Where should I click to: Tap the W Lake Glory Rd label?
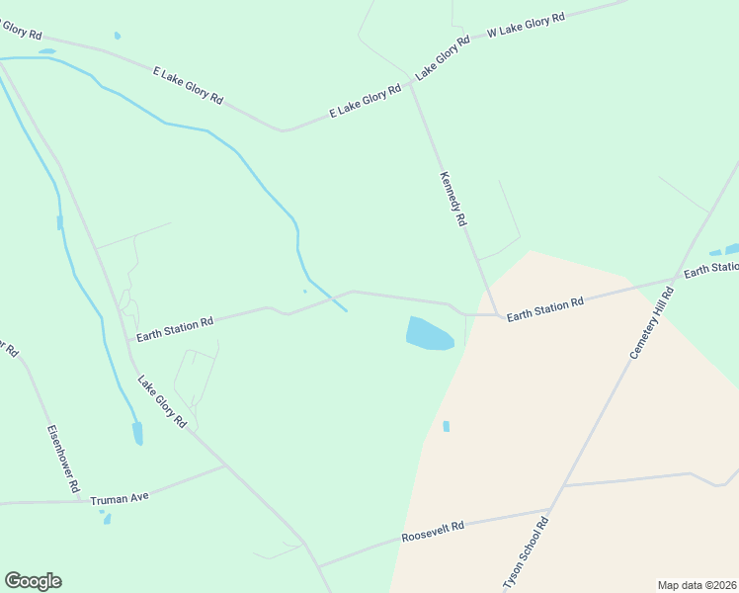tap(526, 26)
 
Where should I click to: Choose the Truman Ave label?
tap(119, 498)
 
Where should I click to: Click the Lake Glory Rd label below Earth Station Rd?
tap(162, 400)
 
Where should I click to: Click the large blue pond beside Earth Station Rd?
tap(429, 333)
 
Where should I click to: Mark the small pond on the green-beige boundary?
tap(447, 426)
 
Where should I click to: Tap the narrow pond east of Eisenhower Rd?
tap(137, 433)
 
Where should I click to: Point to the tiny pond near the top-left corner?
tap(118, 36)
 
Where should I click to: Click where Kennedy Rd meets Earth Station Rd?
tap(494, 314)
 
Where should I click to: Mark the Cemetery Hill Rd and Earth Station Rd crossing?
tap(677, 279)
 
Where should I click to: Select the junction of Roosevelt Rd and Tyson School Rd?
tap(549, 511)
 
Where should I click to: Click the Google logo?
tap(33, 581)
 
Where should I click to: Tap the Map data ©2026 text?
tap(698, 585)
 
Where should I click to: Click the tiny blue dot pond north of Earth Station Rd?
tap(305, 291)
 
